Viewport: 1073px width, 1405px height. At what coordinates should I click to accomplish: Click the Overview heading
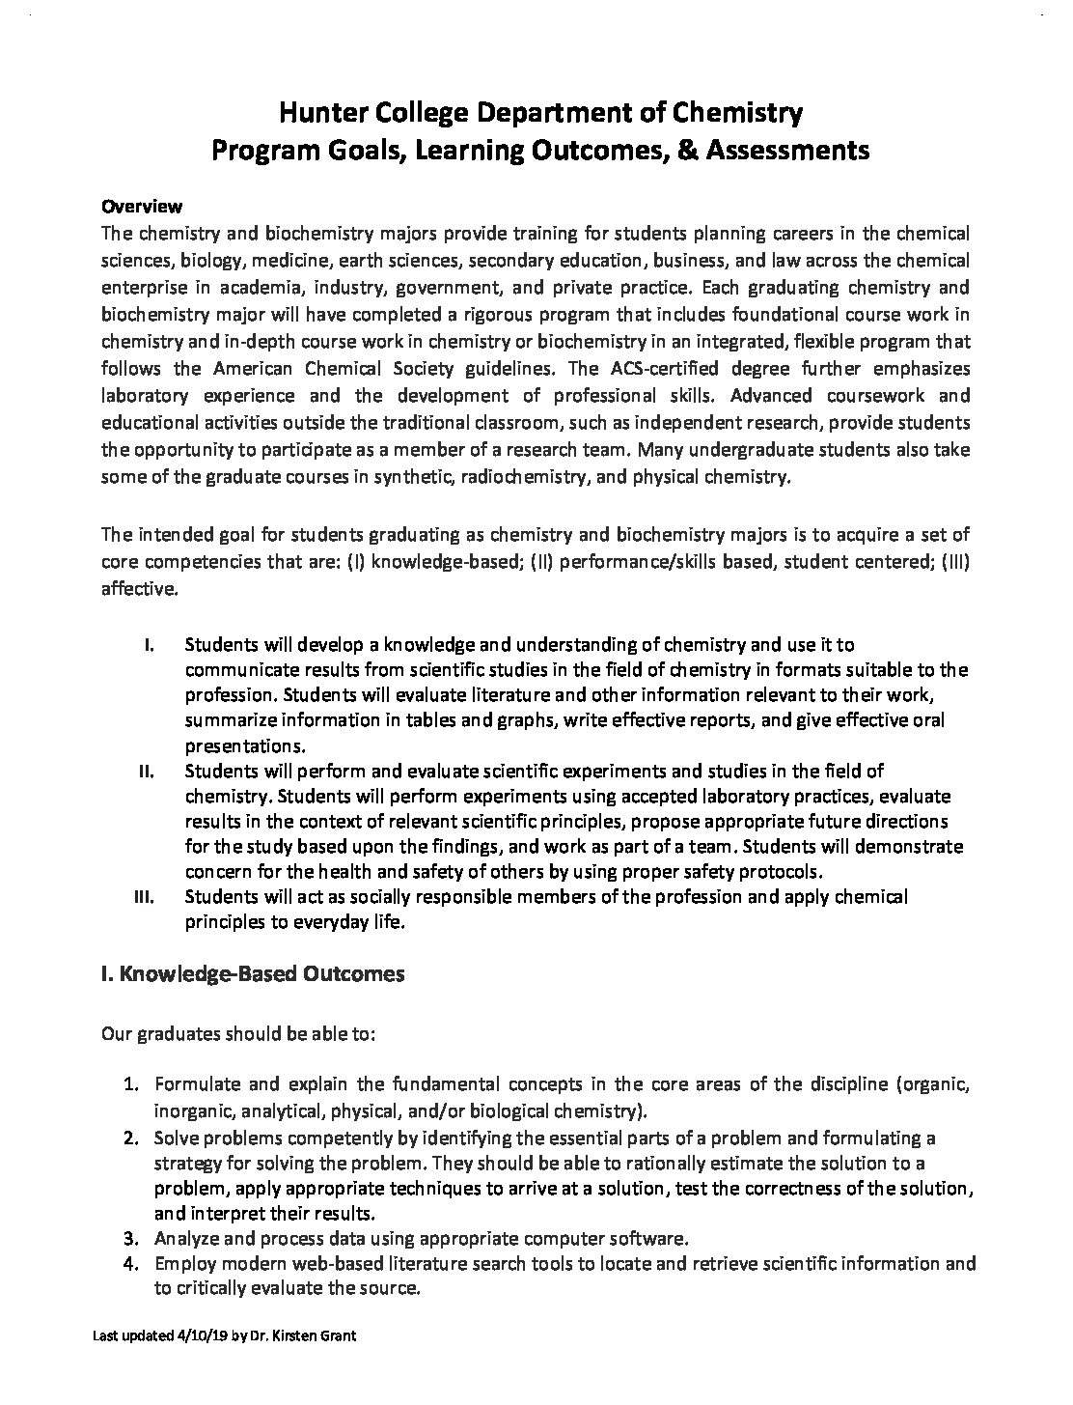tap(142, 207)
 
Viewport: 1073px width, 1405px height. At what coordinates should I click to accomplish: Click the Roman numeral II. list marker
tap(149, 772)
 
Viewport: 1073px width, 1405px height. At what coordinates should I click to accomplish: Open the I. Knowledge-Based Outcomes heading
tap(253, 974)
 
